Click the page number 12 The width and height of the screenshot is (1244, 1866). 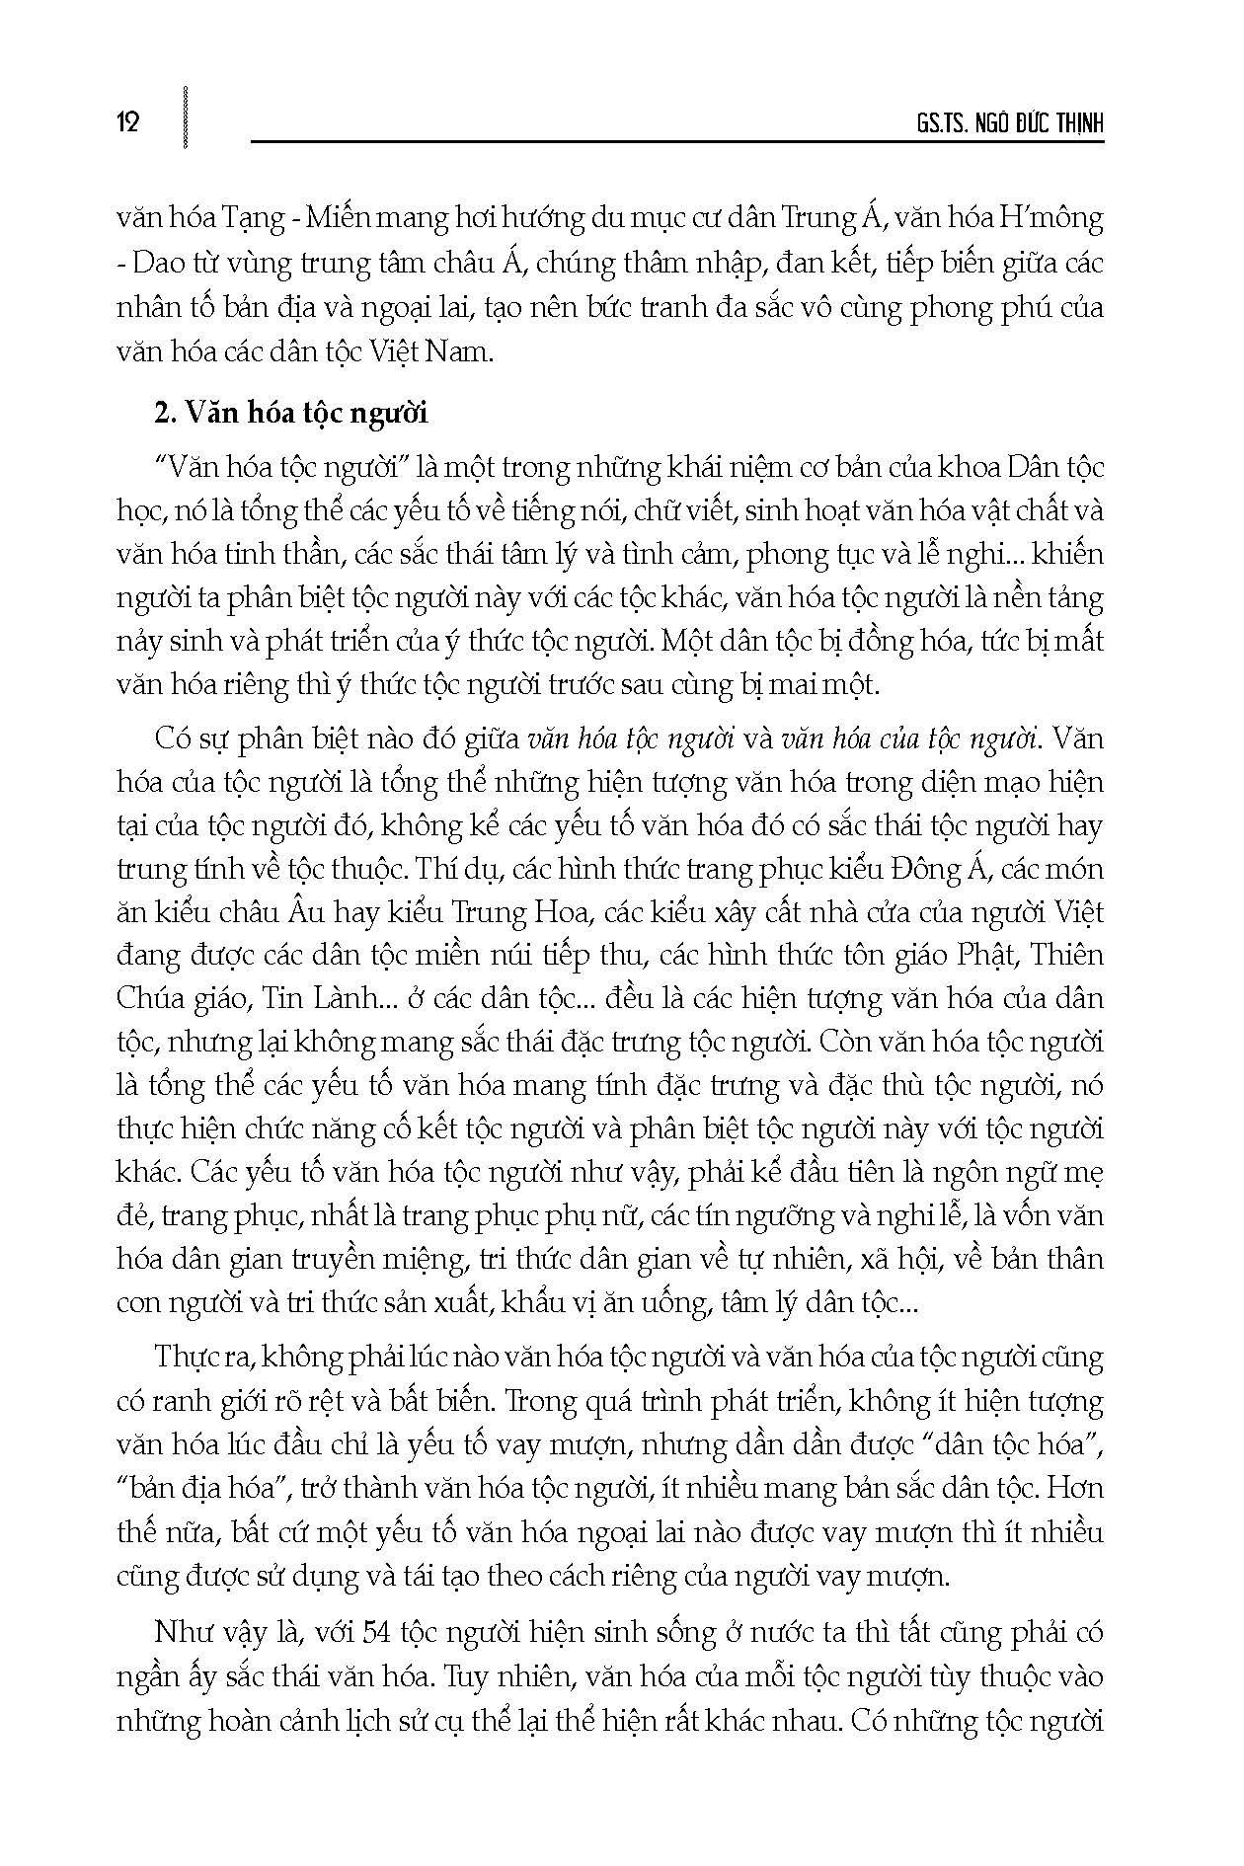tap(128, 122)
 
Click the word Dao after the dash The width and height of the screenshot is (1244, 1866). tap(159, 264)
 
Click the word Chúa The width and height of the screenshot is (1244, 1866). tap(150, 999)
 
